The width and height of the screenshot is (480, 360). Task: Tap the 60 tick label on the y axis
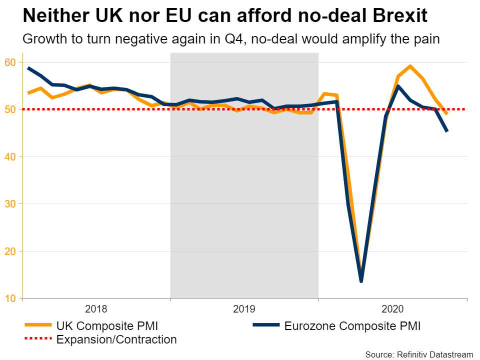coord(11,62)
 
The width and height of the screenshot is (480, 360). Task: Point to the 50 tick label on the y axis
coord(11,109)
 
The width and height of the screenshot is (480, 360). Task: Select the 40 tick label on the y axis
coord(11,156)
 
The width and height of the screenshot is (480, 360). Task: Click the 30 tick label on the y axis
coord(11,204)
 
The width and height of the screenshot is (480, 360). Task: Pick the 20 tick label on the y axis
coord(11,251)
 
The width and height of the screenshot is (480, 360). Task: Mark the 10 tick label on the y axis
coord(11,298)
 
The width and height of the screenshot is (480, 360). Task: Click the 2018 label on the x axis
coord(96,308)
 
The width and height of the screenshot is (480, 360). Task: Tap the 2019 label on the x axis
coord(244,308)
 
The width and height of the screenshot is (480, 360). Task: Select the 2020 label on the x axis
coord(392,308)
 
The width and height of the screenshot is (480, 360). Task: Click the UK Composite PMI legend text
coord(107,326)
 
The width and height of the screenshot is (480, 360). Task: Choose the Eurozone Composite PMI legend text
coord(352,326)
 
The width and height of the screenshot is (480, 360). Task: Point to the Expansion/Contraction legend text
coord(116,340)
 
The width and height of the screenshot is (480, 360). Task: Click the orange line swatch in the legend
coord(38,325)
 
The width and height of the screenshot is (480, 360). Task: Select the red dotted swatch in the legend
coord(38,339)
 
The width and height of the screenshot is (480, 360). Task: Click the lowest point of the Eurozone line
coord(361,281)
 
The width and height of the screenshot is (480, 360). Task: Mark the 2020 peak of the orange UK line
coord(410,66)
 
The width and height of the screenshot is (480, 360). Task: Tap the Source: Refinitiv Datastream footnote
coord(419,354)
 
